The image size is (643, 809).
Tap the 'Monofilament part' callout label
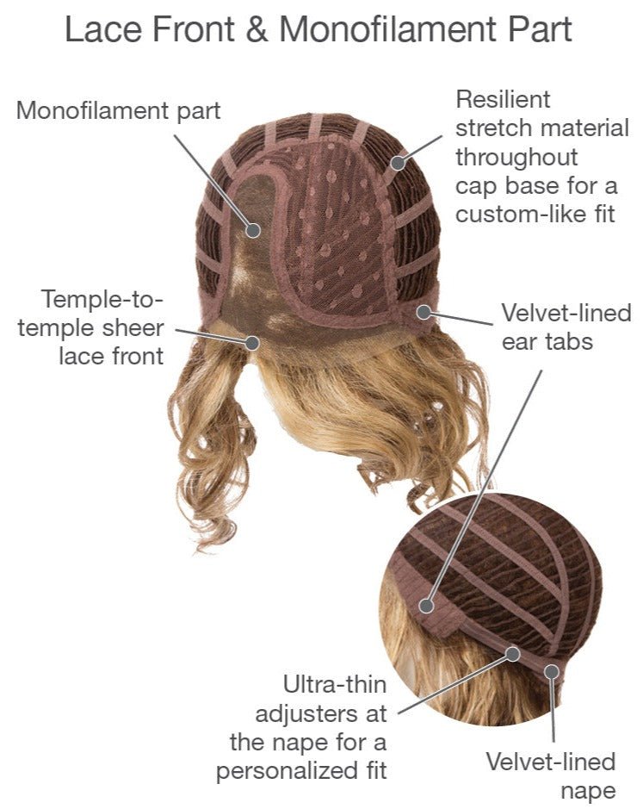119,110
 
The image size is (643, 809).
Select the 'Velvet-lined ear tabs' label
566,327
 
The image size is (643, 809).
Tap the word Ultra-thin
335,686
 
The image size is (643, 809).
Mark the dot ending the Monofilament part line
253,230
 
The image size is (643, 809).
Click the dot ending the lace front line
252,343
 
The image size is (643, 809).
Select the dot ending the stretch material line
399,162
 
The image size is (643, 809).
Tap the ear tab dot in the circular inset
427,606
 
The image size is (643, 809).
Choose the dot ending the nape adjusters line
512,654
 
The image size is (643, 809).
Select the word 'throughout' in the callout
516,157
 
